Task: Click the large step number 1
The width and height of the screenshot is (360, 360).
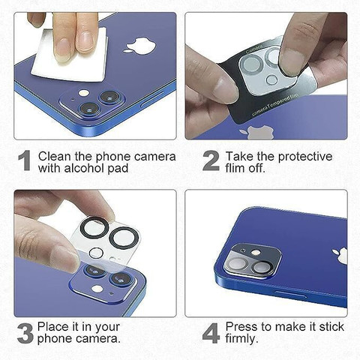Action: click(25, 160)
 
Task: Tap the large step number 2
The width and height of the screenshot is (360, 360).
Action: click(211, 160)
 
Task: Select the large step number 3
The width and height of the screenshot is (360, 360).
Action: click(25, 333)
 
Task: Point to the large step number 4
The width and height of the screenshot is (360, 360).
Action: click(211, 333)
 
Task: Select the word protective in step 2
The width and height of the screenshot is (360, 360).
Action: click(305, 157)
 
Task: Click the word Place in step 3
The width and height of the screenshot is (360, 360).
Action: click(53, 327)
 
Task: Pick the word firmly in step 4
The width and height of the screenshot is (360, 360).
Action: click(241, 339)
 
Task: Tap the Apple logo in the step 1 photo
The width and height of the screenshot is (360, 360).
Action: click(140, 46)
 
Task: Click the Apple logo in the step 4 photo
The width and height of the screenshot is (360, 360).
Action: click(340, 256)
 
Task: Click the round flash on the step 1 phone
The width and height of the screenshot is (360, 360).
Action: click(84, 93)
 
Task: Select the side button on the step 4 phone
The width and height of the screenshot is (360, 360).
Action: click(290, 294)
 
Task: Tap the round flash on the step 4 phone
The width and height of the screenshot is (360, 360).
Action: click(256, 253)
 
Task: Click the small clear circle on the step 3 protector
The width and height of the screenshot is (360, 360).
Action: click(96, 253)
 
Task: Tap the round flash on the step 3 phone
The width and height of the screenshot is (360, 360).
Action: click(97, 289)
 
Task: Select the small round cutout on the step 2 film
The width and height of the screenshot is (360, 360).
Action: click(272, 79)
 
